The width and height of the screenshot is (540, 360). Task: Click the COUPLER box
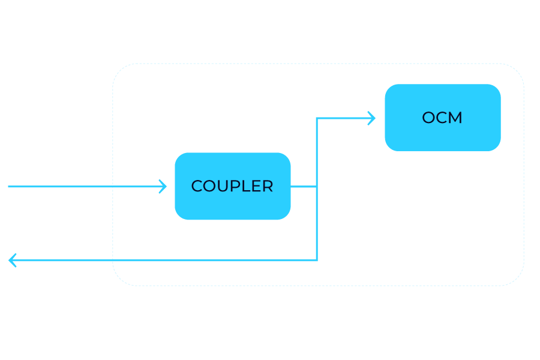pos(233,186)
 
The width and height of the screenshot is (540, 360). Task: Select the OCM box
pos(442,118)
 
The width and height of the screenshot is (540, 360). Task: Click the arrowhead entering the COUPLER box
pos(163,187)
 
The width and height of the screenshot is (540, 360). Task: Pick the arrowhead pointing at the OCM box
pos(371,118)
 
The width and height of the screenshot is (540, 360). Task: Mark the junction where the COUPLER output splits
pos(317,187)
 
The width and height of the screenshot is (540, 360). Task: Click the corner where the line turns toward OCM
pos(317,118)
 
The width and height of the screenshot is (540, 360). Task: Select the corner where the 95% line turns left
pos(317,260)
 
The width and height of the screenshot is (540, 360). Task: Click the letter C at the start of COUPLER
pos(196,187)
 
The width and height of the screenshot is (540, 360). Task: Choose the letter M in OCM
pos(456,118)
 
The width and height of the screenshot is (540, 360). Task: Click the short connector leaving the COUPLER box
pos(304,187)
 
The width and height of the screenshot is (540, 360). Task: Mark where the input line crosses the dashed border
pos(113,187)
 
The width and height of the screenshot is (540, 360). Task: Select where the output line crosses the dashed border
pos(113,260)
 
